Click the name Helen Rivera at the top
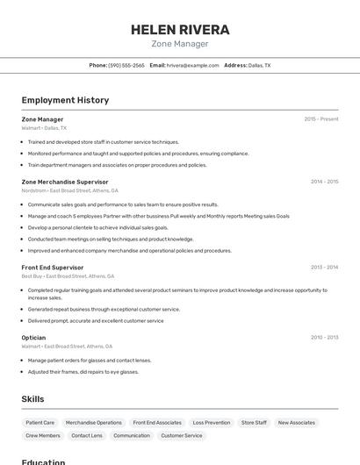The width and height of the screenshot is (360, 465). [180, 29]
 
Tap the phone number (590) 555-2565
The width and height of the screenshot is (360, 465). [126, 65]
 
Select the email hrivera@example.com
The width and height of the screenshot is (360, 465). [192, 65]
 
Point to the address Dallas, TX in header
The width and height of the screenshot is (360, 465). [259, 65]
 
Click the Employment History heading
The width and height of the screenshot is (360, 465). [65, 100]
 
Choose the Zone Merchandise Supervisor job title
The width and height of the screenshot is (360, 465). [65, 182]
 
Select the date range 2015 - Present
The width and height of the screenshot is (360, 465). [320, 119]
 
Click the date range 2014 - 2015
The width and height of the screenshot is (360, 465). [324, 182]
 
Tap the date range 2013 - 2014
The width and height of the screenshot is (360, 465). [324, 268]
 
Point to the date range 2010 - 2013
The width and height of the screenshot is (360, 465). [324, 338]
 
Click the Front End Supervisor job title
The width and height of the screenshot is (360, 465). [53, 268]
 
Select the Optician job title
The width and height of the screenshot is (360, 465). [33, 338]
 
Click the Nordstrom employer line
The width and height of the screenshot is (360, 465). [69, 190]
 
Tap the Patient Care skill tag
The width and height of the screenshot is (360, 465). [40, 422]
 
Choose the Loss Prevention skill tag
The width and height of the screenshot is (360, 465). [211, 422]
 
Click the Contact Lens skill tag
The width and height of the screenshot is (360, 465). [86, 435]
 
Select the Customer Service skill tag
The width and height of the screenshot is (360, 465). [182, 435]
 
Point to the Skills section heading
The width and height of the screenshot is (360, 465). [32, 399]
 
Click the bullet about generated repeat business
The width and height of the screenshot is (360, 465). [104, 309]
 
